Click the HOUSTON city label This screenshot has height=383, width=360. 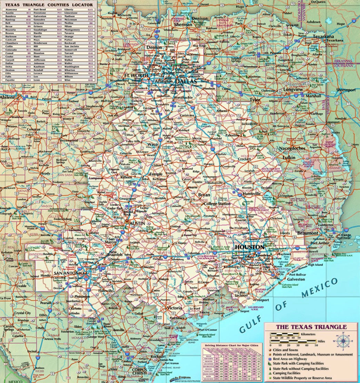[250, 247]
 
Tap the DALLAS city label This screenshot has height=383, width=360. [186, 82]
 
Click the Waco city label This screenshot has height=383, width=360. [153, 144]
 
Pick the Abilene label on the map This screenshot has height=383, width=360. [8, 97]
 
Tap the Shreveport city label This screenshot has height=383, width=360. [346, 90]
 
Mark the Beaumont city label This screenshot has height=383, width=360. [308, 233]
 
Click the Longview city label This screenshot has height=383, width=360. [293, 90]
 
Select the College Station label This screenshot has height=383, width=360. [217, 204]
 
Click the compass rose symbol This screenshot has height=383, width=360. [343, 341]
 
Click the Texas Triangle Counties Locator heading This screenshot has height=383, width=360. [49, 5]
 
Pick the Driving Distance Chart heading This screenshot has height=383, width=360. [232, 345]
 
